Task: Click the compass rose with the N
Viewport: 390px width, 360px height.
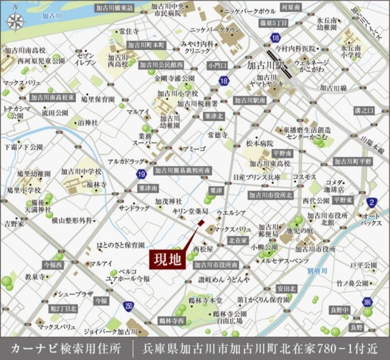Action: [16, 20]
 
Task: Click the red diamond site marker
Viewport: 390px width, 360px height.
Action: [201, 223]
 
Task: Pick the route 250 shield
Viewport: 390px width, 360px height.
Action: [127, 306]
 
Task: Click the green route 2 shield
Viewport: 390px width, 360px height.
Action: [371, 201]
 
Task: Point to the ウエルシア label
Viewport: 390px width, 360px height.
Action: [231, 213]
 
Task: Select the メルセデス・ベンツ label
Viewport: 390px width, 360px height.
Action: [284, 261]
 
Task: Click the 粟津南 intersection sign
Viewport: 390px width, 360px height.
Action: [148, 188]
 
